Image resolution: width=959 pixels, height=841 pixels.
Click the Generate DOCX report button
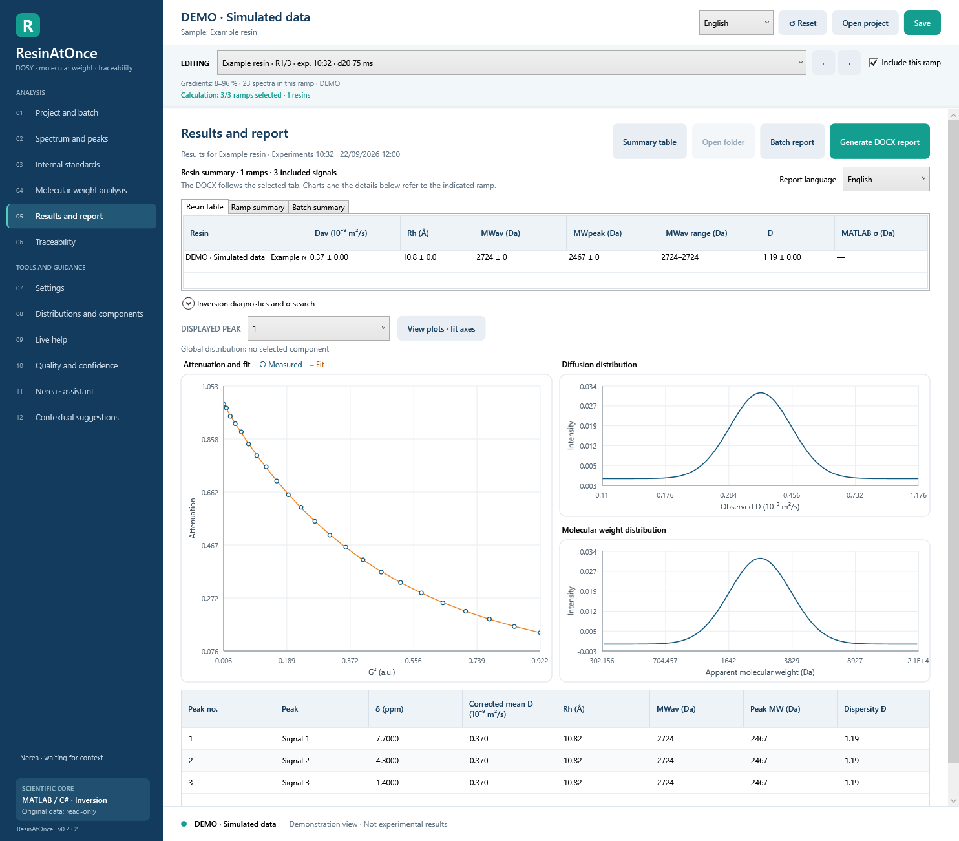pos(880,142)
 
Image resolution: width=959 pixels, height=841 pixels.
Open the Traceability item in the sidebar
pos(56,242)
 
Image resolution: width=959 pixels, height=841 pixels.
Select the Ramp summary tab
pos(257,208)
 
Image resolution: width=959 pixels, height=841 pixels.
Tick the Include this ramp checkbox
pos(874,63)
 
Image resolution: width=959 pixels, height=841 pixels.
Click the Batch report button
pos(792,142)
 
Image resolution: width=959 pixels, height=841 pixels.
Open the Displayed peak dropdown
pos(318,328)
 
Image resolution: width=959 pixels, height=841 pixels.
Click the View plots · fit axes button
pos(441,328)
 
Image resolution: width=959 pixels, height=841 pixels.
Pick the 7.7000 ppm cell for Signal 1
pos(387,739)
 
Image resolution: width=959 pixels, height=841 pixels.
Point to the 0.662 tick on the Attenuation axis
pos(209,493)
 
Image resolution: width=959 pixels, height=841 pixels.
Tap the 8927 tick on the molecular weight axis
pos(855,661)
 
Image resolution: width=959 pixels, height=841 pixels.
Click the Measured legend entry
pos(280,365)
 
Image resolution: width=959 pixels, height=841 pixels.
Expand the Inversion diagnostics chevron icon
pos(188,304)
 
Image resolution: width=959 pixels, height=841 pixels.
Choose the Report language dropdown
pos(885,180)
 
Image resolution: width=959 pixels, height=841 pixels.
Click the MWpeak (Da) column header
pos(597,233)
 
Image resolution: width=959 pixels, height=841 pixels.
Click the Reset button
pos(803,23)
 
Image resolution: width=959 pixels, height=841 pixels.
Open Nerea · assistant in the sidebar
pos(65,392)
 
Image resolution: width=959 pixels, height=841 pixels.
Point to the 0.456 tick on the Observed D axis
pos(792,495)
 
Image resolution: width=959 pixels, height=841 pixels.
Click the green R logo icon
pos(27,25)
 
